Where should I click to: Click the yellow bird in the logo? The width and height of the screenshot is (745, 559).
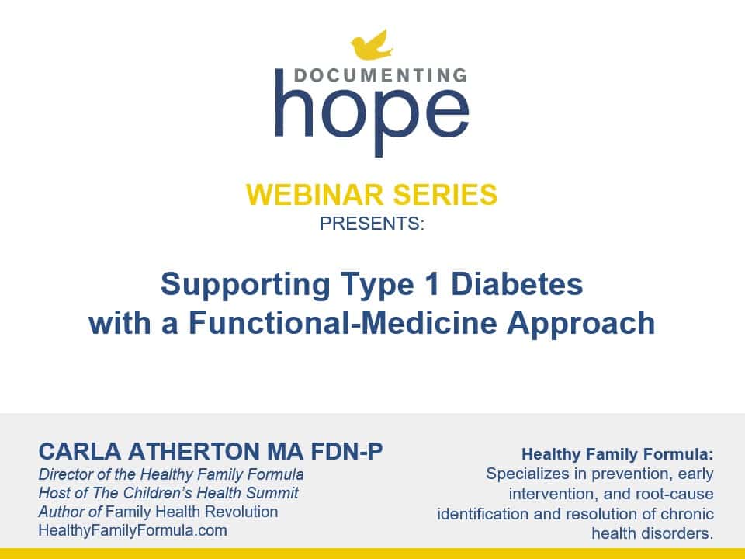372,46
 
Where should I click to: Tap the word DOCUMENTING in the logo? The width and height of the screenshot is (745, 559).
380,75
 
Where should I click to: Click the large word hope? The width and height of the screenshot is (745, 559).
372,113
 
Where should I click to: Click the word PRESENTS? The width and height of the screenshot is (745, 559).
370,224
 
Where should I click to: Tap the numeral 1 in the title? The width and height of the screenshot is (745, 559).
432,284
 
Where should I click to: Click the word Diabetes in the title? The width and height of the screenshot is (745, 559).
517,284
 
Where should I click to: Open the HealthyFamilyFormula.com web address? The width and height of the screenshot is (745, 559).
133,530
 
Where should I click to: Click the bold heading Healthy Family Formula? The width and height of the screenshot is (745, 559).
618,454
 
